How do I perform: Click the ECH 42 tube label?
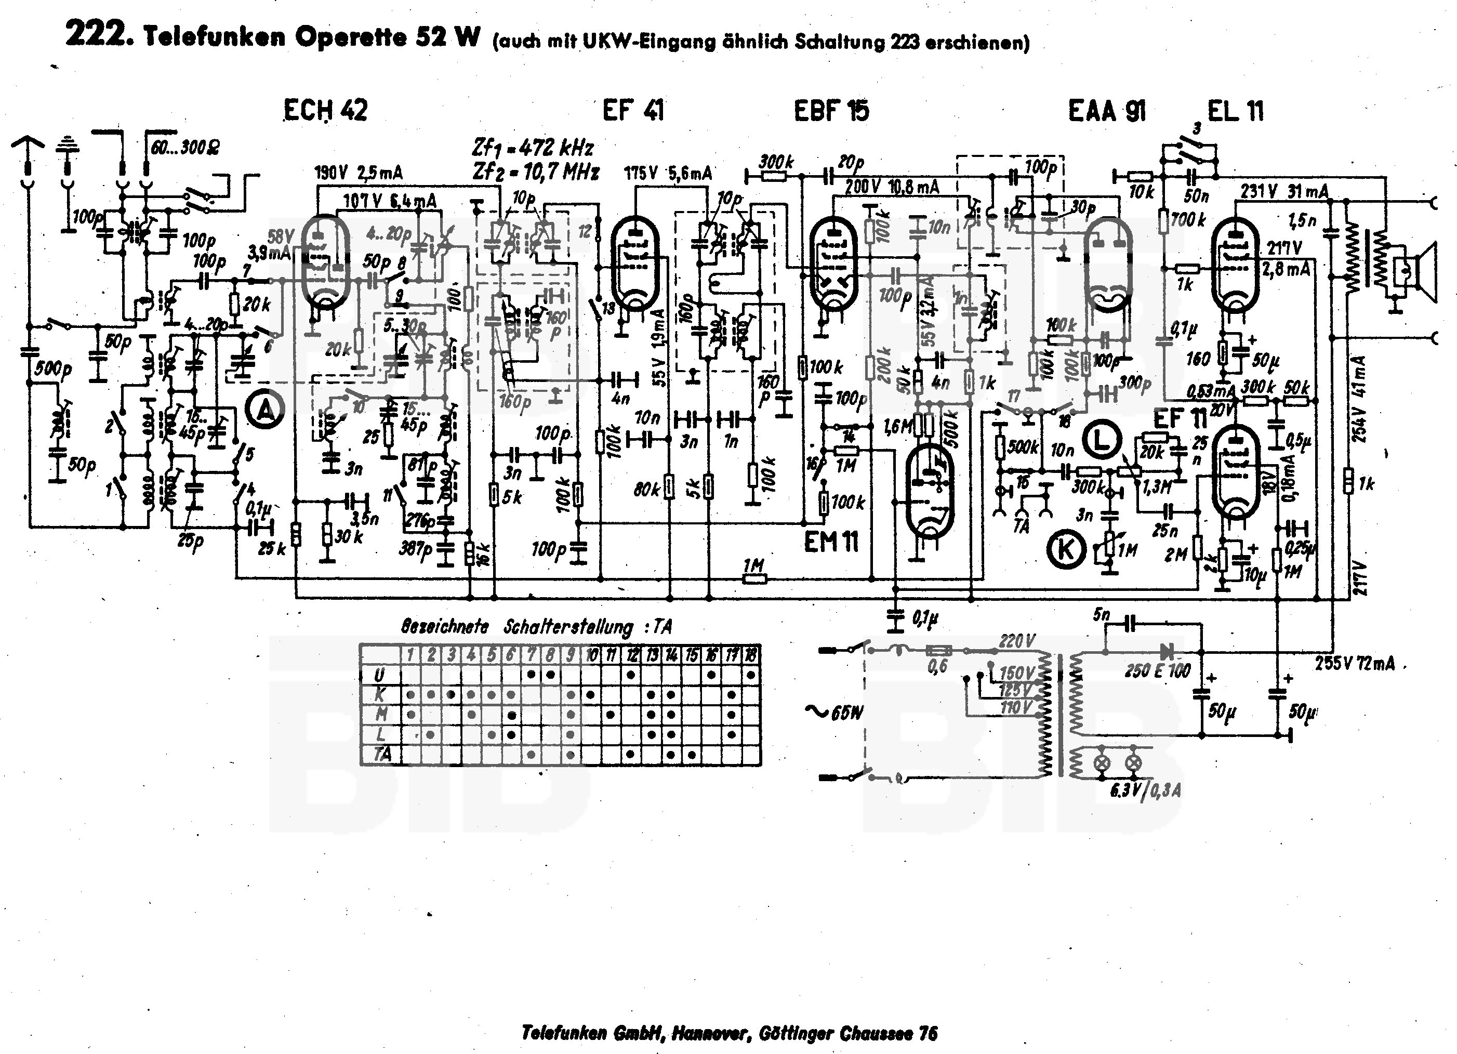(326, 111)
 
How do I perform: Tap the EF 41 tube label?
(633, 111)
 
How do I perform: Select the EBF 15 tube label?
(831, 111)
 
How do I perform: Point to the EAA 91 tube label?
(1107, 111)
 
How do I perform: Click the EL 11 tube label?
(1235, 111)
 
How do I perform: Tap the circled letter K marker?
(1066, 551)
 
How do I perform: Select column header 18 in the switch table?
(750, 655)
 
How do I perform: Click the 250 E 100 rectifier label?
(1158, 671)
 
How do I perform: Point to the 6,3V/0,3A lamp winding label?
(1145, 790)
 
